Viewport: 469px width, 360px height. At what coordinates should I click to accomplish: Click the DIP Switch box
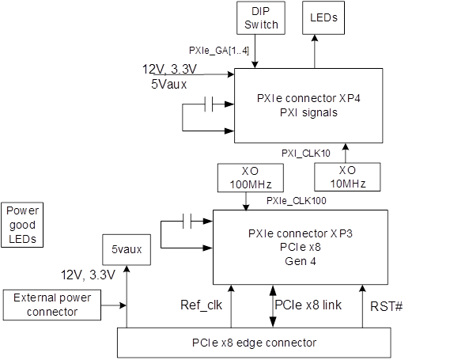pyautogui.click(x=261, y=18)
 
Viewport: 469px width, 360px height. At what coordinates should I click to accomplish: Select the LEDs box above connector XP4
pyautogui.click(x=323, y=18)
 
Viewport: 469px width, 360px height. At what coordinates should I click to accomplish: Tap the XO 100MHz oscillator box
pyautogui.click(x=251, y=178)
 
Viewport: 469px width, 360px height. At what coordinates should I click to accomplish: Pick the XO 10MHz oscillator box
pyautogui.click(x=347, y=177)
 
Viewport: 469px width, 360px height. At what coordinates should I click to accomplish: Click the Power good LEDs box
pyautogui.click(x=22, y=225)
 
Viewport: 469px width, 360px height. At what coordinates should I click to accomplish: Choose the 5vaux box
pyautogui.click(x=127, y=249)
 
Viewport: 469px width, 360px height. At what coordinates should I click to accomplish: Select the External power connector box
pyautogui.click(x=52, y=305)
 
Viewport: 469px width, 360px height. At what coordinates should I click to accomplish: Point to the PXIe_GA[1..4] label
pyautogui.click(x=219, y=51)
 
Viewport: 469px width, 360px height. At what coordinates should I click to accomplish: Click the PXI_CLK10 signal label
pyautogui.click(x=306, y=153)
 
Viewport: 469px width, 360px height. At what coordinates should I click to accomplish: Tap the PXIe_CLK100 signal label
pyautogui.click(x=296, y=200)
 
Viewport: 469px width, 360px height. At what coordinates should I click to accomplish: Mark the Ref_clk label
pyautogui.click(x=201, y=305)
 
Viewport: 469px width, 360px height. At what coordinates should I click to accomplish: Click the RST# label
pyautogui.click(x=386, y=306)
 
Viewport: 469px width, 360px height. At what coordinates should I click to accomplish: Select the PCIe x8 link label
pyautogui.click(x=308, y=305)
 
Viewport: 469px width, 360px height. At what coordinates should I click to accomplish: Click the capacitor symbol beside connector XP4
pyautogui.click(x=209, y=104)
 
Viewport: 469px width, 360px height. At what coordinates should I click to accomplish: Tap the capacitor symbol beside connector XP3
pyautogui.click(x=187, y=222)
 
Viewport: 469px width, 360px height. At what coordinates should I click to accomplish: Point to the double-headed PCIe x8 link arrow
pyautogui.click(x=273, y=306)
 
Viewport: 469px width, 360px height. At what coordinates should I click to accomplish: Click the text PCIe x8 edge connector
pyautogui.click(x=254, y=343)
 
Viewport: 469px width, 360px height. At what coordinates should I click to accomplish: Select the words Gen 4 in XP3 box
pyautogui.click(x=301, y=261)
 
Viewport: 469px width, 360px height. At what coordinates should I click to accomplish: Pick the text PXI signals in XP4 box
pyautogui.click(x=308, y=112)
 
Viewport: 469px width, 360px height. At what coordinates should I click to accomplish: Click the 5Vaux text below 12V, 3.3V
pyautogui.click(x=168, y=84)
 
